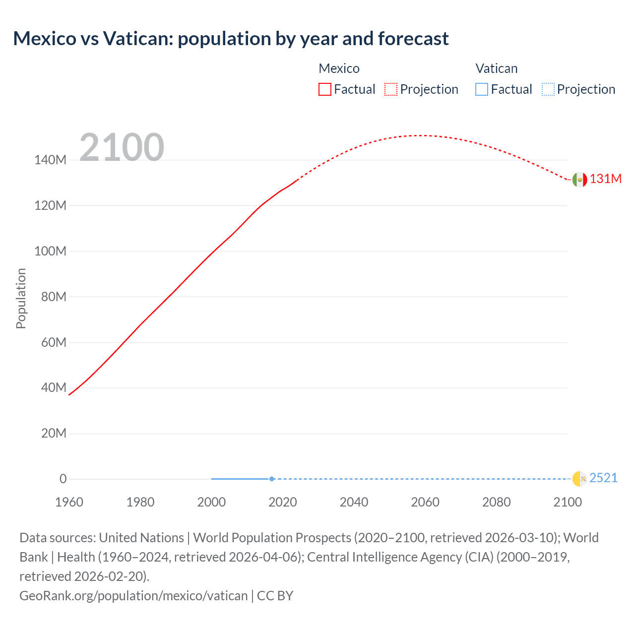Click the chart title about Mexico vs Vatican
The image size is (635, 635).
(x=231, y=39)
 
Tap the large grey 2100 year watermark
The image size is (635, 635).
(x=122, y=147)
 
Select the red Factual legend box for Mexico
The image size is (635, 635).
(x=325, y=89)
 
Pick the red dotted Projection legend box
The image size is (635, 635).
(x=391, y=89)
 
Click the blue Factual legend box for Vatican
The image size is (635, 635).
(x=482, y=89)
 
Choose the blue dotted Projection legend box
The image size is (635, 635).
(x=548, y=89)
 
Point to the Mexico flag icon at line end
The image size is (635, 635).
(x=579, y=180)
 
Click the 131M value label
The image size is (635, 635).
(x=605, y=179)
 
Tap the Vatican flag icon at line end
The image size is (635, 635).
(x=579, y=479)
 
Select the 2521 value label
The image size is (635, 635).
(x=603, y=478)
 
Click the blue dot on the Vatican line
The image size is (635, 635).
(x=272, y=479)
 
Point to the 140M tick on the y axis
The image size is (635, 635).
(x=50, y=160)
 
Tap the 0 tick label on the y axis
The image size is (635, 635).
(x=63, y=479)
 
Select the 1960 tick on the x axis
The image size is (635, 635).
(x=69, y=502)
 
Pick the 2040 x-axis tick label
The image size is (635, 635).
(x=354, y=502)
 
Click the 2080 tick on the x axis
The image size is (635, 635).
(x=496, y=502)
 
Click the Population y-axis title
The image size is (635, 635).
(x=21, y=298)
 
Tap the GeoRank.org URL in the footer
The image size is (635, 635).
(x=133, y=595)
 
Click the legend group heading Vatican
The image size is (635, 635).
(x=496, y=68)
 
